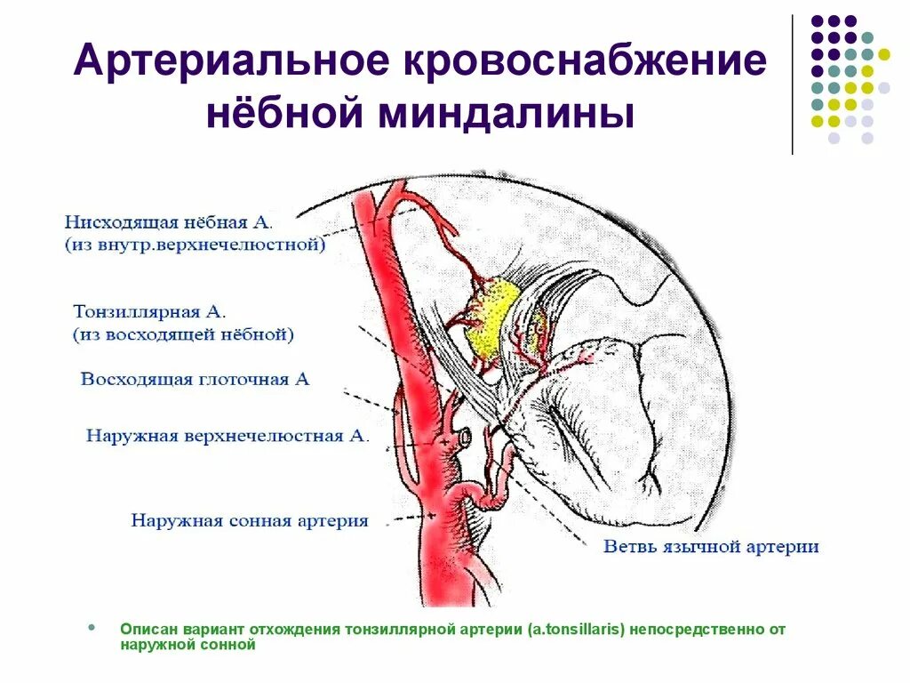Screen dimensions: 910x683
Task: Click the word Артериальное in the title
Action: [228, 63]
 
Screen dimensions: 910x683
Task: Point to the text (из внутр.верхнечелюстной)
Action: [194, 244]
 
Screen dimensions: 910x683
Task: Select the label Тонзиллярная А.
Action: [150, 312]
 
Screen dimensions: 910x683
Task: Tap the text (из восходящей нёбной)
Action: [183, 335]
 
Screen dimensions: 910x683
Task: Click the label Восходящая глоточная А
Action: [195, 379]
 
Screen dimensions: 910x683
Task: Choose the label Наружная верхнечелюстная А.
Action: [227, 436]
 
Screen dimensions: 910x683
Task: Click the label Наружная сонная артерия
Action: [249, 520]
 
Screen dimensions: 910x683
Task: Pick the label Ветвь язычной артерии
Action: [711, 546]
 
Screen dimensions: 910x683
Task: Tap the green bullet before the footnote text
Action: [92, 628]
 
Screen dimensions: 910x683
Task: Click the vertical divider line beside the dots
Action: [792, 84]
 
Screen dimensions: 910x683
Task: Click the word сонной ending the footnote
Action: [233, 646]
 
